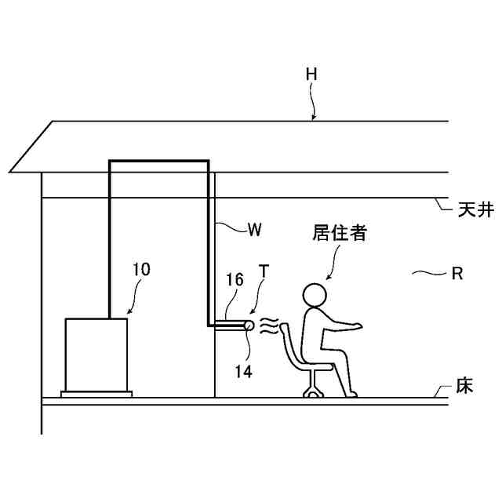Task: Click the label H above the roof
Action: tap(312, 74)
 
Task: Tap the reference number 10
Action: tap(141, 270)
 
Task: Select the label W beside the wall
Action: tap(254, 230)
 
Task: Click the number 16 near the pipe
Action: tap(235, 279)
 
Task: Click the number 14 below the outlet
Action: tap(244, 372)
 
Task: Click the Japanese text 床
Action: tap(464, 387)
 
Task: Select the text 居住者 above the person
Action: tap(340, 233)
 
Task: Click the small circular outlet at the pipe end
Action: tap(249, 325)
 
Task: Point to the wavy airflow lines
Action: tap(269, 325)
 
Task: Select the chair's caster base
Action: tap(312, 391)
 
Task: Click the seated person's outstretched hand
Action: tap(358, 324)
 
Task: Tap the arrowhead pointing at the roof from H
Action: tap(313, 118)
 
